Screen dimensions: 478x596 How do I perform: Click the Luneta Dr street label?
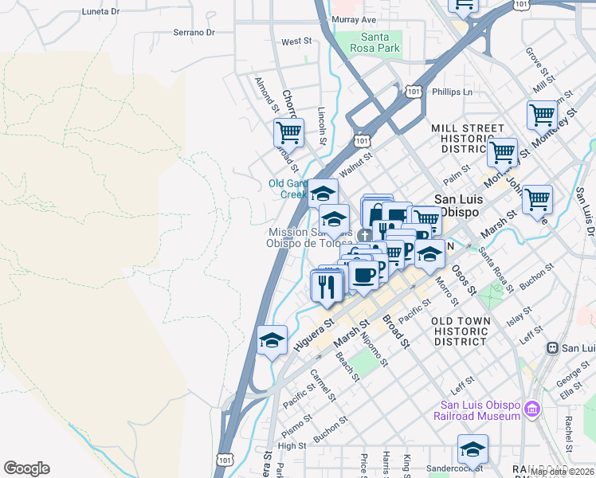[x=100, y=13]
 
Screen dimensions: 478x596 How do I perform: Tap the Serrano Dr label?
[x=194, y=33]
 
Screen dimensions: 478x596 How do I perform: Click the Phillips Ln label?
[x=452, y=92]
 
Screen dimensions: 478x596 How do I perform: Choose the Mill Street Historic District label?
[x=468, y=139]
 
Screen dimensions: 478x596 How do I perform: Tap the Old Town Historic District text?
[x=460, y=331]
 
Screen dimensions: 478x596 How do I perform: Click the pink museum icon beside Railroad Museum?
[x=532, y=409]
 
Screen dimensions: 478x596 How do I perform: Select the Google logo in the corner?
[x=26, y=468]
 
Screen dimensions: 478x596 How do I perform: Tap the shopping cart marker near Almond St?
[x=288, y=131]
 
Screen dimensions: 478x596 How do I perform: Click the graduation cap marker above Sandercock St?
[x=472, y=448]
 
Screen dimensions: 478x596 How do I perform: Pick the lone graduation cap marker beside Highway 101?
[x=272, y=340]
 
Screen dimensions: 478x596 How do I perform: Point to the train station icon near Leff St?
[x=551, y=348]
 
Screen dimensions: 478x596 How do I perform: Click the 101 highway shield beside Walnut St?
[x=363, y=140]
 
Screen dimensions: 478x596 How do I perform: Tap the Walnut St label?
[x=355, y=164]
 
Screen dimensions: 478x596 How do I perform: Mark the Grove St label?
[x=533, y=59]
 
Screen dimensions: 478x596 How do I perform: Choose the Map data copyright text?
[x=563, y=472]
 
